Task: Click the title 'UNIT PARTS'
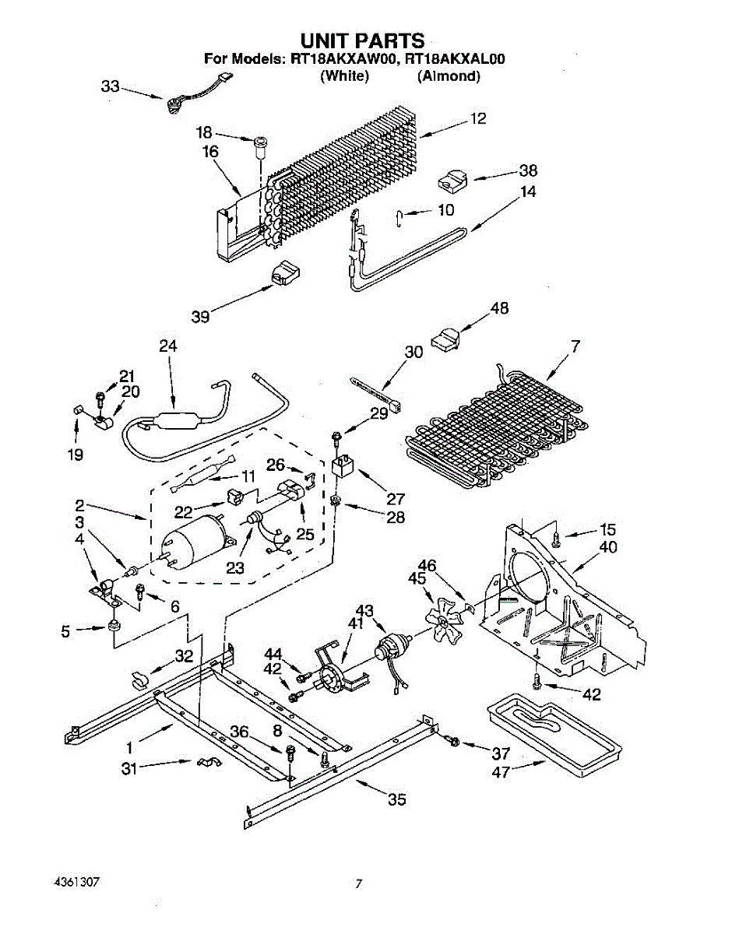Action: pos(362,40)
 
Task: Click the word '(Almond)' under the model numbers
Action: pos(448,75)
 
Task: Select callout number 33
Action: pos(110,86)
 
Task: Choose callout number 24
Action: pos(167,346)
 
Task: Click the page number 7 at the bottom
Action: pos(358,883)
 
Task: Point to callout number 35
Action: pos(396,799)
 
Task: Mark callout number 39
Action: pos(201,317)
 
